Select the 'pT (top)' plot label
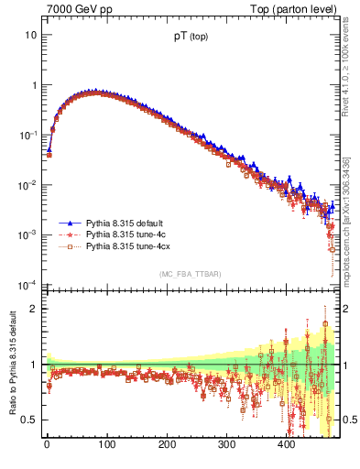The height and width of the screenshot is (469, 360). (189, 38)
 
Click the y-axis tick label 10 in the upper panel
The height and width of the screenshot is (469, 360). (30, 35)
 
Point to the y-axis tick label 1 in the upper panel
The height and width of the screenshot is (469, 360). (33, 85)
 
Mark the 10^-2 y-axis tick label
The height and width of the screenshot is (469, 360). (27, 184)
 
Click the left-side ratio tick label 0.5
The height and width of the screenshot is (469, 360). (29, 420)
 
